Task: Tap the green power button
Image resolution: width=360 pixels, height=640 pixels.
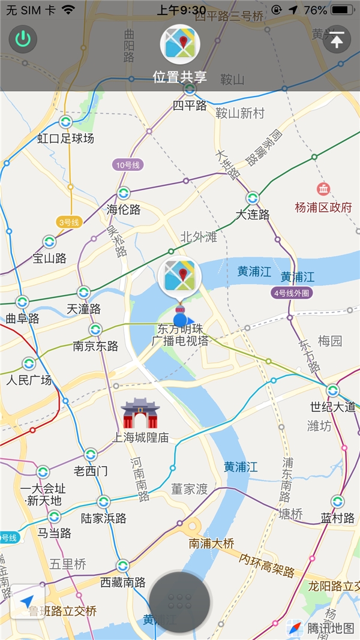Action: click(23, 40)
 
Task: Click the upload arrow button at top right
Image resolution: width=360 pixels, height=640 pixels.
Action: click(337, 40)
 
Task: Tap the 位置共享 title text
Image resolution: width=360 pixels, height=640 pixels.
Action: click(179, 77)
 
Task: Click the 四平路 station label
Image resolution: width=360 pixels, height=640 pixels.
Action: click(190, 106)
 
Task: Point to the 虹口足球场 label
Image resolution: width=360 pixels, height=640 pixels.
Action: click(66, 139)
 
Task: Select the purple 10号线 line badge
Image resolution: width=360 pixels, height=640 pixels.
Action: click(127, 164)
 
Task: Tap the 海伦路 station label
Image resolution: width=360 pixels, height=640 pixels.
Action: click(124, 209)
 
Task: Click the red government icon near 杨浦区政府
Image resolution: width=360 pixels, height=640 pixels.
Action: click(323, 189)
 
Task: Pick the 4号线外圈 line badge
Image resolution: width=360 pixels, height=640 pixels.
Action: click(292, 293)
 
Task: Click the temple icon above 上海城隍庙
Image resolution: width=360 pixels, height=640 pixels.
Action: click(140, 413)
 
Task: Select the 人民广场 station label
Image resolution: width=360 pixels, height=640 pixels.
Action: click(29, 380)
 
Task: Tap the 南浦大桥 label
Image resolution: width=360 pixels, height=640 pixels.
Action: click(211, 543)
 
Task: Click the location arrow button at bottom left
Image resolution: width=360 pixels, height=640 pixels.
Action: click(27, 601)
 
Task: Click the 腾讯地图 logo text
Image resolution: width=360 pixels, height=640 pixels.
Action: click(331, 628)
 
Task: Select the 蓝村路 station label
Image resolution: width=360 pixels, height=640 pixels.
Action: click(338, 518)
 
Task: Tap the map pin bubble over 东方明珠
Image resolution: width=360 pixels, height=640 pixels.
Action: click(179, 278)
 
